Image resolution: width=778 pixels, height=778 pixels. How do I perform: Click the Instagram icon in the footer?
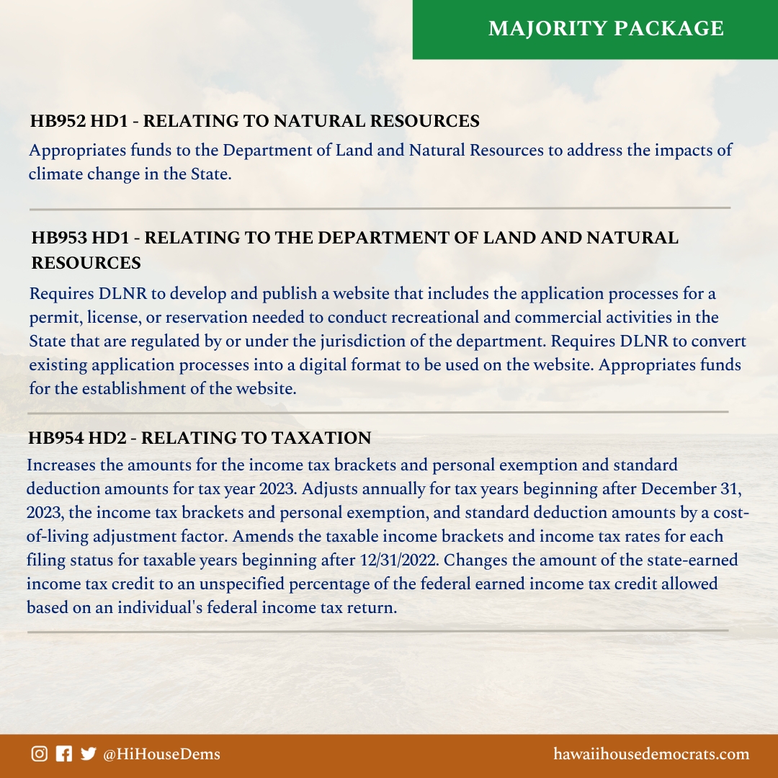(x=40, y=754)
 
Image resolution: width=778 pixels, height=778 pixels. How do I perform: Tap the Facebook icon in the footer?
(x=64, y=754)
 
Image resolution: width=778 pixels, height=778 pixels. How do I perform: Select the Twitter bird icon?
(x=88, y=754)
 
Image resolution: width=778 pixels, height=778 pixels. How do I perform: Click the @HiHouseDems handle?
(x=162, y=755)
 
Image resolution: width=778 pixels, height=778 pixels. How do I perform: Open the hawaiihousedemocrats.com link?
(x=651, y=755)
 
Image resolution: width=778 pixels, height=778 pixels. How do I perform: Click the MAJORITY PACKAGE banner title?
(x=606, y=28)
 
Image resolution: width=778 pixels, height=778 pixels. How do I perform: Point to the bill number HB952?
(x=56, y=122)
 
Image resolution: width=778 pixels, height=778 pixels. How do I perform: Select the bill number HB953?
(x=58, y=238)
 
